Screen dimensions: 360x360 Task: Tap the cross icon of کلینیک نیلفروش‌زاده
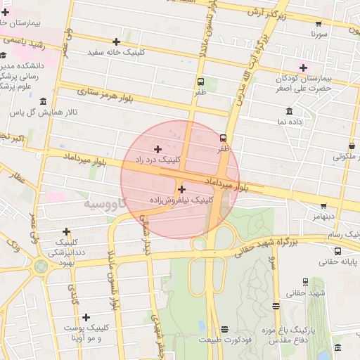182,188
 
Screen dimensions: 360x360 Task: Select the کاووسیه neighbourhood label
105,204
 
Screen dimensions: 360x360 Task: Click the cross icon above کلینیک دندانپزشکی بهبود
67,231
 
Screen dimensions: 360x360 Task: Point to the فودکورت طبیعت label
224,340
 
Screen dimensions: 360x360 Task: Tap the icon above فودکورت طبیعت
224,329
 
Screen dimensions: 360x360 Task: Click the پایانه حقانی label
338,262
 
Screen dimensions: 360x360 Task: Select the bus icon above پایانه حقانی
338,251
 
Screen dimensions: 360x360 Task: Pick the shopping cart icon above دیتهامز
323,207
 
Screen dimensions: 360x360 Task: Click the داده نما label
290,122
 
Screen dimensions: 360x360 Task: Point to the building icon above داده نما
290,111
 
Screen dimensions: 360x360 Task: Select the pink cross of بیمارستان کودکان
303,68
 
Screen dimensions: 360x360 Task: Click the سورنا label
321,33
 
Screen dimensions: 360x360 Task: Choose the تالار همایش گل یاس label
44,112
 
